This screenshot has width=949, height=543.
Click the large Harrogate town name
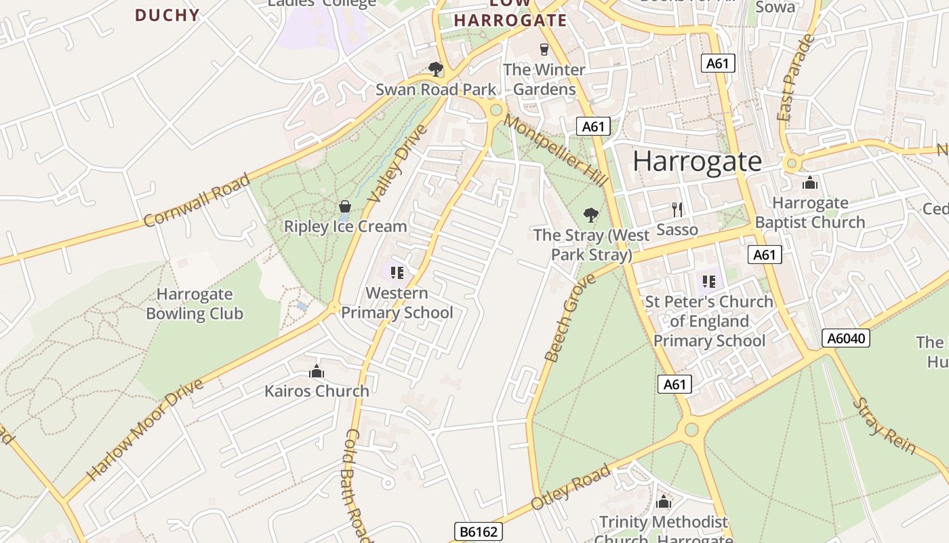(x=697, y=162)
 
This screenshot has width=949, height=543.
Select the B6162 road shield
(x=478, y=531)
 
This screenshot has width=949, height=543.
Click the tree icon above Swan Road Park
(x=436, y=69)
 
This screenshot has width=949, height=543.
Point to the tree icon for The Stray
(x=591, y=215)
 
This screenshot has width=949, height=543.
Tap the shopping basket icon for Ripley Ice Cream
(x=345, y=206)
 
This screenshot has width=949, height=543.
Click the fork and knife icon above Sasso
(x=677, y=209)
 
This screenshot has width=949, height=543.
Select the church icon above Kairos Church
(x=317, y=371)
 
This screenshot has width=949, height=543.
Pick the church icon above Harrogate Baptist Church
(x=809, y=183)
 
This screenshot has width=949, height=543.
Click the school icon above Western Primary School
(x=397, y=273)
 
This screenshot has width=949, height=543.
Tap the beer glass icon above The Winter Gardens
(x=544, y=49)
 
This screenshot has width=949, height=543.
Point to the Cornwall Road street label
(x=197, y=200)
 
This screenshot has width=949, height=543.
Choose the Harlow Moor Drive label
(x=145, y=430)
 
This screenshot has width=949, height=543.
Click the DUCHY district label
(x=167, y=15)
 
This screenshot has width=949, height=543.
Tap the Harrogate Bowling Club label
(x=195, y=303)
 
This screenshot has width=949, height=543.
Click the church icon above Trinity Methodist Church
(x=664, y=502)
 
